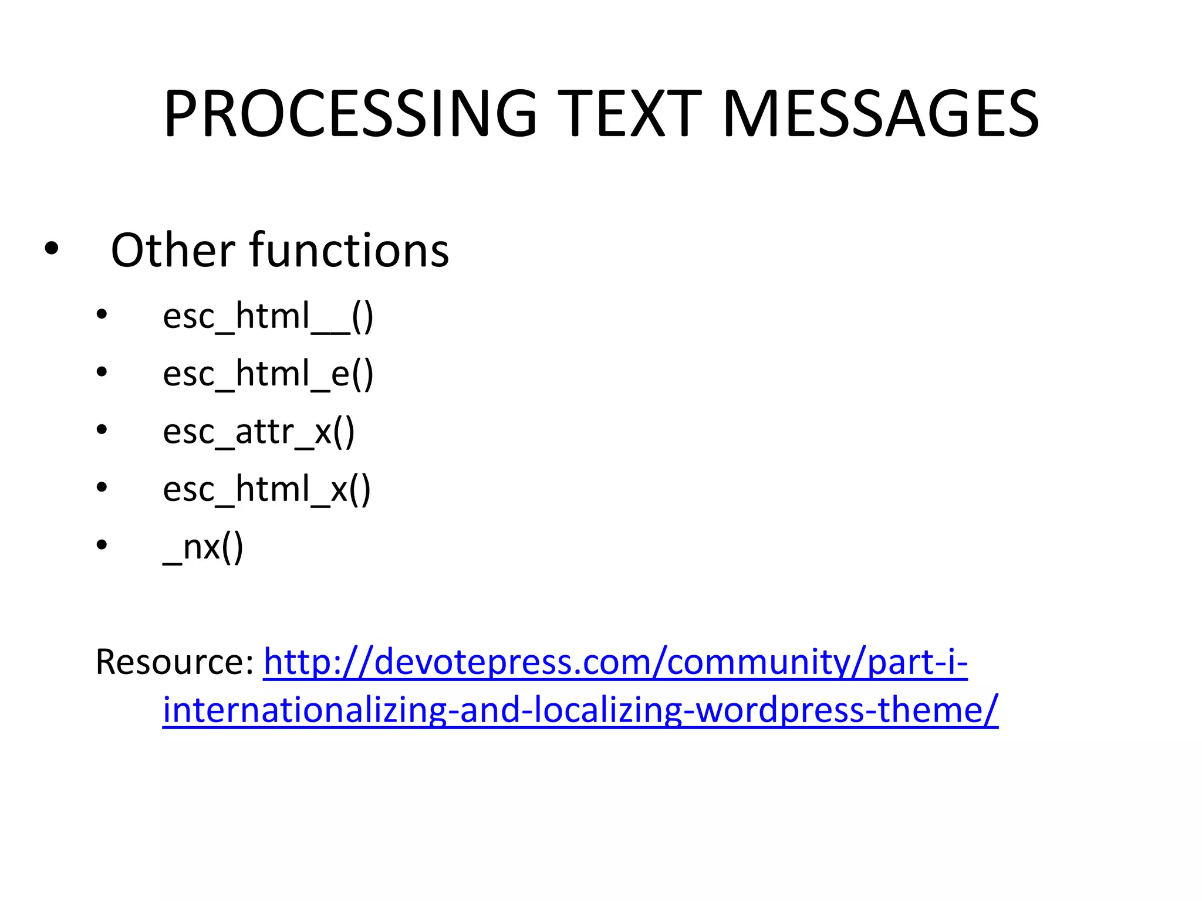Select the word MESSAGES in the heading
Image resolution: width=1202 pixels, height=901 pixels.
(x=880, y=114)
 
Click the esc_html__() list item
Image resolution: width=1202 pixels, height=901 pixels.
(x=268, y=317)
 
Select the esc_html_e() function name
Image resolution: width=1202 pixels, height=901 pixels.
(x=268, y=374)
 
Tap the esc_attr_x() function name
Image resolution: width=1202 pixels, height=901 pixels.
(x=258, y=432)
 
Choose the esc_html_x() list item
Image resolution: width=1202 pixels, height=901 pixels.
(x=266, y=489)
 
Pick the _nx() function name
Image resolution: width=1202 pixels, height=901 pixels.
(x=202, y=547)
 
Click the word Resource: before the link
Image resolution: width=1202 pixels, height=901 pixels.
(x=174, y=662)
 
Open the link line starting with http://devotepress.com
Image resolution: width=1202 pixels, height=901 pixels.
(x=615, y=662)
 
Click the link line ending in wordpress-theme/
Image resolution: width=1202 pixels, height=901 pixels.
(x=580, y=710)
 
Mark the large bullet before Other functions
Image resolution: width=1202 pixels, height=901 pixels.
(x=52, y=249)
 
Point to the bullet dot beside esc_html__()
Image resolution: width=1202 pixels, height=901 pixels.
(x=102, y=315)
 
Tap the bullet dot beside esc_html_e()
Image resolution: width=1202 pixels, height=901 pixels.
(x=102, y=372)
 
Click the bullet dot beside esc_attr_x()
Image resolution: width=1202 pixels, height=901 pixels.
(x=102, y=430)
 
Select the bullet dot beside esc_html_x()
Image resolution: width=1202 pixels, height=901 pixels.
(x=102, y=487)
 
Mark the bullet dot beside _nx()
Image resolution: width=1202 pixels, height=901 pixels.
(x=102, y=546)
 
